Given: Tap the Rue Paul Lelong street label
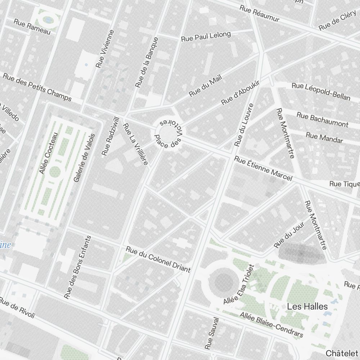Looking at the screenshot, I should click(x=206, y=36).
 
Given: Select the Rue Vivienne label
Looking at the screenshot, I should click(x=105, y=49).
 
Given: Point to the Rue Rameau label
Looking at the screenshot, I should click(x=32, y=26).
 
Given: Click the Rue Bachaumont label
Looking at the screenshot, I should click(x=323, y=119).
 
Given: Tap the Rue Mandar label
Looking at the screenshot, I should click(x=324, y=138).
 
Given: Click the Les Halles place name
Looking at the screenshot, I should click(x=307, y=307).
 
